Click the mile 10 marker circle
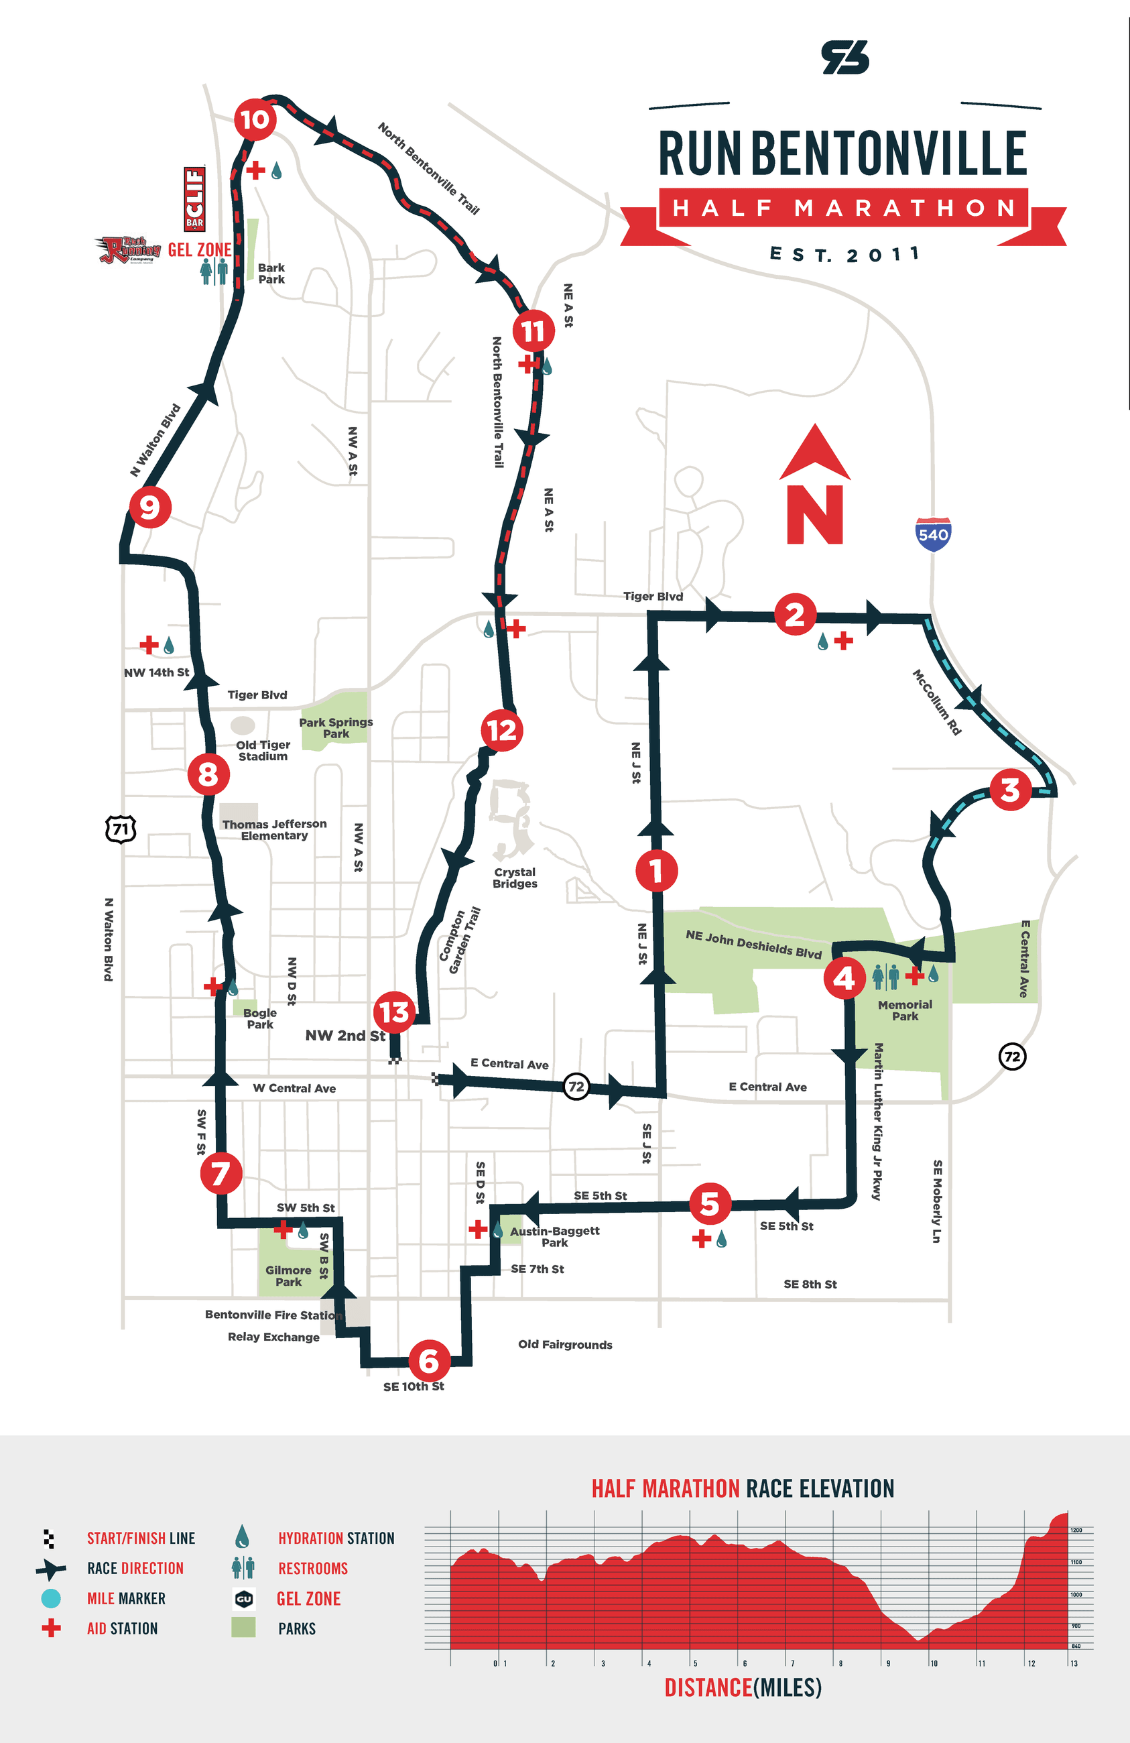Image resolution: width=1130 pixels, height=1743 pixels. [255, 119]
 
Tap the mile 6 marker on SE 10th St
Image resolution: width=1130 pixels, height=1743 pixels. [428, 1361]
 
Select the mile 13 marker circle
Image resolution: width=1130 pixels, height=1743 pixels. [394, 1013]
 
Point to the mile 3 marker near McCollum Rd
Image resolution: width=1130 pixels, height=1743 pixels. [1010, 790]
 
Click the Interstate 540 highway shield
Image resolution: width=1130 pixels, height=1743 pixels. [933, 534]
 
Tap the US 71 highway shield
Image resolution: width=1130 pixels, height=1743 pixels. [121, 829]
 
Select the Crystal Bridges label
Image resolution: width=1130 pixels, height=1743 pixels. [514, 878]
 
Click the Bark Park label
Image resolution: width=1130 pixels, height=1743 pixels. [271, 273]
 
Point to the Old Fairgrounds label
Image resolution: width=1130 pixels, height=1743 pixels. [564, 1345]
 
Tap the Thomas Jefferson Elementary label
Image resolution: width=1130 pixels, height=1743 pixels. [275, 830]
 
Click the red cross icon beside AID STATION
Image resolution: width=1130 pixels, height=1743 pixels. [50, 1628]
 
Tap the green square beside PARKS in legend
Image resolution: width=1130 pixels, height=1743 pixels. [243, 1627]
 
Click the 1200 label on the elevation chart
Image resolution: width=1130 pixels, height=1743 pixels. [1076, 1530]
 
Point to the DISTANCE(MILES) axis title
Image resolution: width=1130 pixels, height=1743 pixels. [743, 1687]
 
